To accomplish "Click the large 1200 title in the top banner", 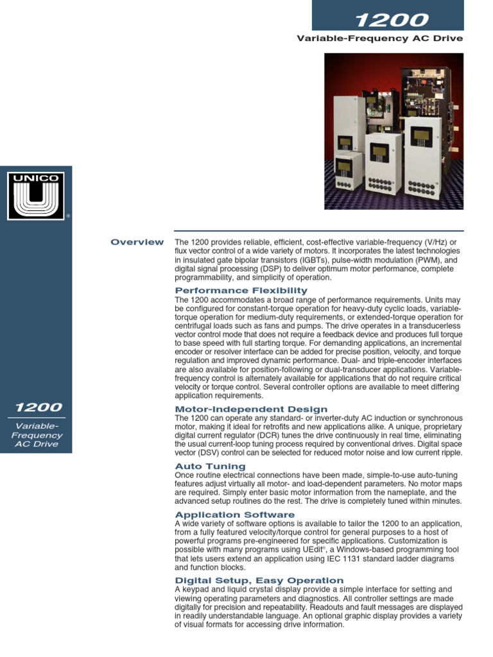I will click(x=387, y=21).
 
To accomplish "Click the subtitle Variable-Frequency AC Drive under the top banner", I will click(x=379, y=38).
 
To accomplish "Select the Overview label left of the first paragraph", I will click(x=137, y=242).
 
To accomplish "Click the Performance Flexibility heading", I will click(x=232, y=291).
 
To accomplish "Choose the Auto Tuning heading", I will click(x=210, y=466).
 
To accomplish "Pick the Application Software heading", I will click(x=235, y=515).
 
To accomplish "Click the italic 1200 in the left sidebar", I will click(x=39, y=407).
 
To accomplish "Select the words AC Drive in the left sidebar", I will click(x=36, y=444).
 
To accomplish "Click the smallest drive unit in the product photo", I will click(x=347, y=173).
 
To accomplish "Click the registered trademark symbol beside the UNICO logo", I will click(x=68, y=217).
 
